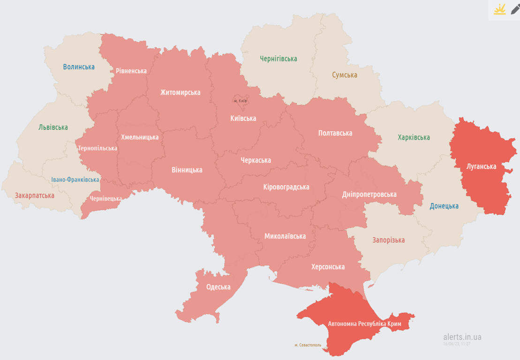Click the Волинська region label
(79, 67)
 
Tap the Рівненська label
(131, 71)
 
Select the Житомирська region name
(180, 92)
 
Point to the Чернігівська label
(279, 59)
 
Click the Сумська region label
(345, 75)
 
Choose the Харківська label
(414, 137)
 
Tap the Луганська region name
(482, 166)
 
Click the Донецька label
(444, 206)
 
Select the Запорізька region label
(388, 240)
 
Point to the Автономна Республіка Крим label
(365, 324)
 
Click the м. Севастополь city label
(308, 345)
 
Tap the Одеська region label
(218, 287)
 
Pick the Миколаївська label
(285, 236)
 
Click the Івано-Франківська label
(75, 180)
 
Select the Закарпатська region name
(34, 195)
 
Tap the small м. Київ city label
(241, 101)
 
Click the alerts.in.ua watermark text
(462, 337)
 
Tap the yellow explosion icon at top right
(499, 9)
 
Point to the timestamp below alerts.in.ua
(457, 344)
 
